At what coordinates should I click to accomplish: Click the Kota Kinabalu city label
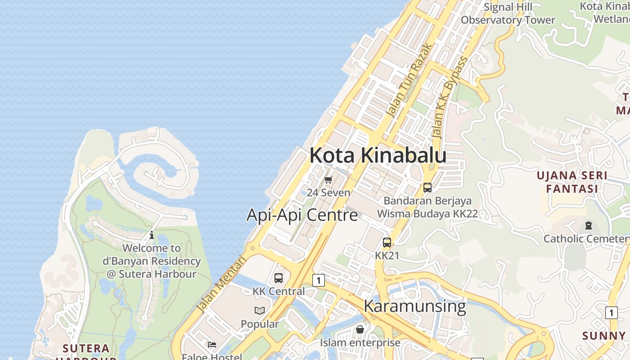tap(378, 155)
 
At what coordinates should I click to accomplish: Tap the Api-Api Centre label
tap(302, 215)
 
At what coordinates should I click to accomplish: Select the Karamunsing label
tap(414, 306)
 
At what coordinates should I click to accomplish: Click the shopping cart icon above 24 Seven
tap(328, 180)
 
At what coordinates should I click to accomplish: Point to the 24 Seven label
tap(328, 193)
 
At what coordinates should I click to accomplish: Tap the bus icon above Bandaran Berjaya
tap(427, 188)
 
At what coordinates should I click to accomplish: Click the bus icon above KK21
tap(387, 243)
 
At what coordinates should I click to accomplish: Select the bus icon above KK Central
tap(279, 278)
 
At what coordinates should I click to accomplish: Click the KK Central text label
tap(279, 291)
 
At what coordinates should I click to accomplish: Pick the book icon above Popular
tap(260, 310)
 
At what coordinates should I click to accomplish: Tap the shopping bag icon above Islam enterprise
tap(360, 329)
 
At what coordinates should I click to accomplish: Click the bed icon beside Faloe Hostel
tap(212, 345)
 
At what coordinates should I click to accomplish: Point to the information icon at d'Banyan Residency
tap(152, 235)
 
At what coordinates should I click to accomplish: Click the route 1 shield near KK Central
tap(319, 280)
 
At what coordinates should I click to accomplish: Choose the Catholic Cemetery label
tap(586, 238)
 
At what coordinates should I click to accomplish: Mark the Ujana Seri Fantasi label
tap(571, 182)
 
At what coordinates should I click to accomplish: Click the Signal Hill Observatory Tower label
tap(508, 13)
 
